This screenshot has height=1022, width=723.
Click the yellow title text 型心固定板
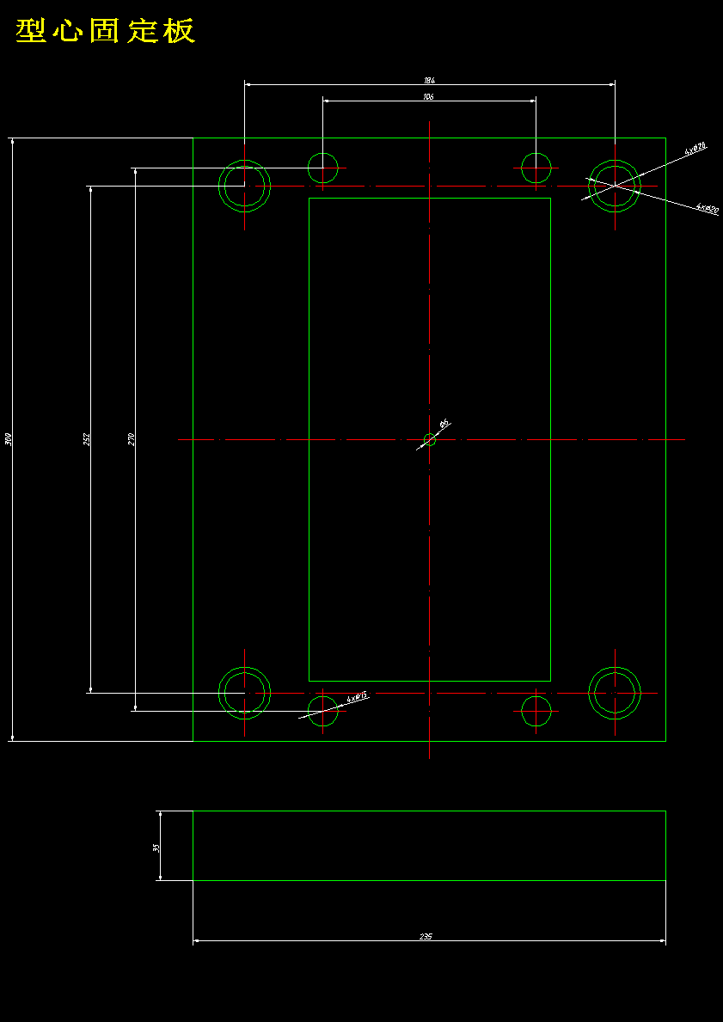point(106,31)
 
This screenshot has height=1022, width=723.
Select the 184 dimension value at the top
point(429,81)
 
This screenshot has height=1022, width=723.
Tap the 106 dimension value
point(429,97)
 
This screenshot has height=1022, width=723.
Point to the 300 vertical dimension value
point(9,438)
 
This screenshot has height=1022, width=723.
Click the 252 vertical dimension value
point(86,438)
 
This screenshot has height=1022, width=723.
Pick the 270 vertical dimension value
point(131,438)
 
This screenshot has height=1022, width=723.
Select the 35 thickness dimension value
point(156,847)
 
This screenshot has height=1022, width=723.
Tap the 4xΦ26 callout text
point(695,150)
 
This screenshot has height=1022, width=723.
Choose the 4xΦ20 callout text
point(708,209)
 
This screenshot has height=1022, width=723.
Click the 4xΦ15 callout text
point(357,697)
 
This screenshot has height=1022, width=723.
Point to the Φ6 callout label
point(444,424)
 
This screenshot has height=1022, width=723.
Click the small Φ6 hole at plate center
point(430,440)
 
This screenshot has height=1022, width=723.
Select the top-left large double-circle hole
point(245,185)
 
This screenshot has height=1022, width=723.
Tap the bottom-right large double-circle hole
point(615,692)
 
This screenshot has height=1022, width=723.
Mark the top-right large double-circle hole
point(615,185)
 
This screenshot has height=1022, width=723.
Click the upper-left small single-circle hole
point(323,168)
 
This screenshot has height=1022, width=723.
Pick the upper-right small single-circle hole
point(536,168)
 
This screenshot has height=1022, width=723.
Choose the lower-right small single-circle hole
point(536,711)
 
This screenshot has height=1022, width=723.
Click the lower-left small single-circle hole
point(323,711)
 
